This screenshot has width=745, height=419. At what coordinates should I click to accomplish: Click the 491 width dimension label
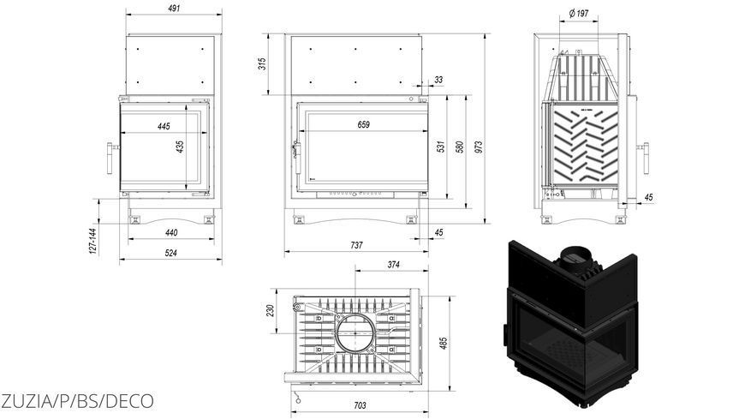(174, 8)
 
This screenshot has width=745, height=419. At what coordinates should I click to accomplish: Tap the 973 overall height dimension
(479, 147)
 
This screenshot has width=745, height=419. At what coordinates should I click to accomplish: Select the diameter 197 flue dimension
(579, 14)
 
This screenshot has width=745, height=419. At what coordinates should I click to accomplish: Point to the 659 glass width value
(363, 124)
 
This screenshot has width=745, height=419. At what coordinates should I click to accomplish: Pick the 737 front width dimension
(356, 245)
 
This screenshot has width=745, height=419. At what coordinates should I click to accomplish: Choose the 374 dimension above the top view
(393, 265)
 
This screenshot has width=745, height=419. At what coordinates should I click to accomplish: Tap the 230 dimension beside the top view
(271, 311)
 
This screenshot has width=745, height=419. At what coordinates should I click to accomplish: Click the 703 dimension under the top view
(361, 405)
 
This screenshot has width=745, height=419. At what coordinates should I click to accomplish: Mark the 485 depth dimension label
(444, 344)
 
